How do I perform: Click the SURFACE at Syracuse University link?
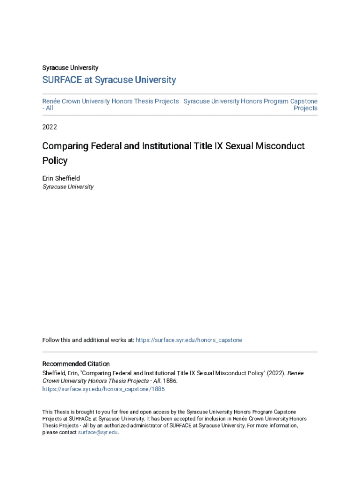pyautogui.click(x=109, y=80)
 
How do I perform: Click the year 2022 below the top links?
pyautogui.click(x=50, y=127)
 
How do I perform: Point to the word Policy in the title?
pyautogui.click(x=55, y=160)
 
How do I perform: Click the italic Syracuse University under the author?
pyautogui.click(x=68, y=187)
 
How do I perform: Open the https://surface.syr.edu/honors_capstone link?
pyautogui.click(x=189, y=340)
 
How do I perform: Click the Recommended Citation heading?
pyautogui.click(x=76, y=364)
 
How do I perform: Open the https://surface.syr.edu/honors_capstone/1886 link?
pyautogui.click(x=103, y=389)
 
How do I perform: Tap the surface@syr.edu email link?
pyautogui.click(x=98, y=433)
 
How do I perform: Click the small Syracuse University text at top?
pyautogui.click(x=70, y=68)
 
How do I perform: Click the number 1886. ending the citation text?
pyautogui.click(x=171, y=381)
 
